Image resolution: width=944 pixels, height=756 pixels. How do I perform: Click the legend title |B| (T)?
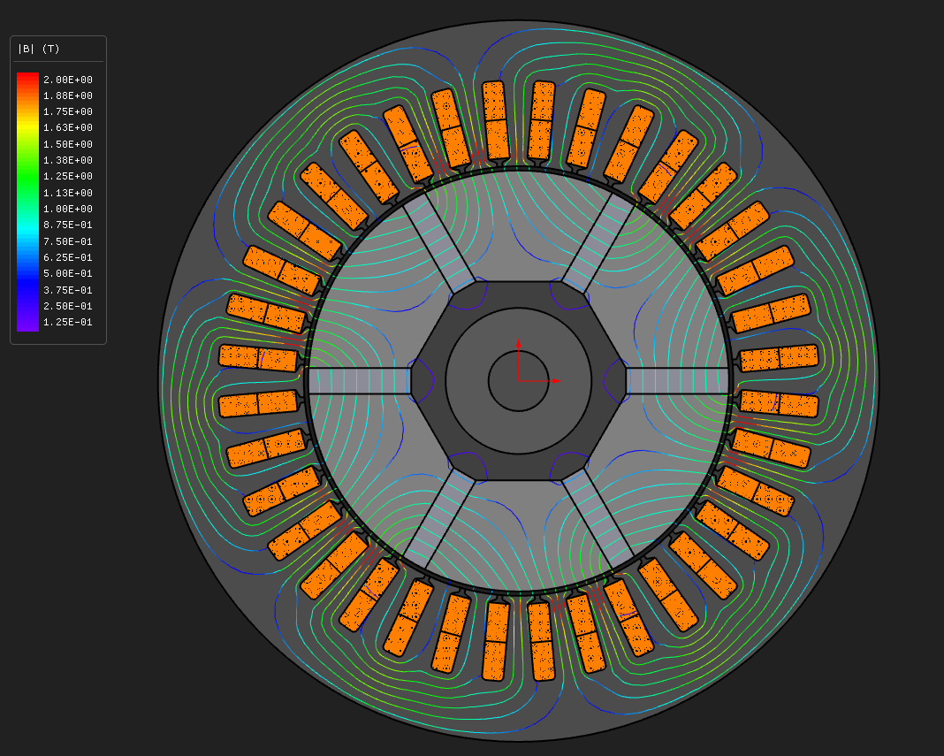pos(39,49)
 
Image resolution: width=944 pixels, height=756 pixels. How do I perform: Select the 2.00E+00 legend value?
pos(68,80)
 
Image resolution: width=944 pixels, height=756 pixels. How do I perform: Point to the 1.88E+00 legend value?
pos(68,95)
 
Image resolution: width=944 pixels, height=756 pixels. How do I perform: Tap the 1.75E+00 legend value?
pos(68,111)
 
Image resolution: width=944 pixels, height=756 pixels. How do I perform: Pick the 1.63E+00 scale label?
pos(68,127)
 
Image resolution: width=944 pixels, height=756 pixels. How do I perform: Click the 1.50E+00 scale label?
pos(68,144)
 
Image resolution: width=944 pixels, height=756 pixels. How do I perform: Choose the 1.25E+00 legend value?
pos(68,177)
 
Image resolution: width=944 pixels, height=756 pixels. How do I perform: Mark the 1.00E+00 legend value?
pos(68,209)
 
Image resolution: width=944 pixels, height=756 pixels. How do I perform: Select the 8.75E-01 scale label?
pos(68,225)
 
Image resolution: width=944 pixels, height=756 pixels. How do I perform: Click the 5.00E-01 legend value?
pos(68,273)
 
